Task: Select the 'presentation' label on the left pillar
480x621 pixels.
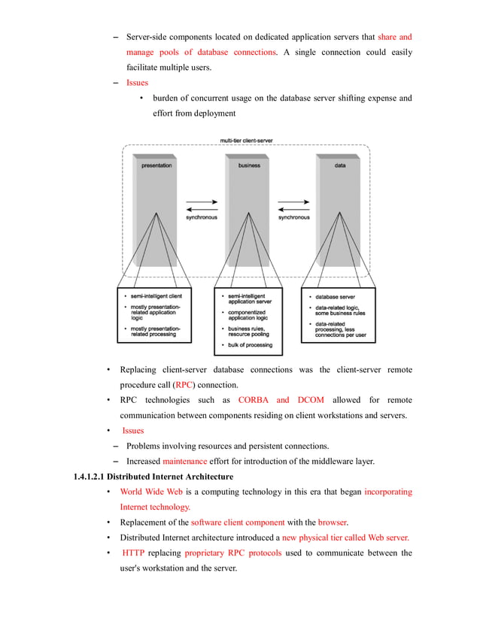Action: coord(156,165)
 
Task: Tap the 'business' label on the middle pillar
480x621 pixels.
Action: coord(249,165)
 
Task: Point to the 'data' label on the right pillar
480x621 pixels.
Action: coord(340,165)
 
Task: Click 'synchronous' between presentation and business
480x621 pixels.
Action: coord(201,217)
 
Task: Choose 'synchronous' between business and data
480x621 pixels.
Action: coord(293,217)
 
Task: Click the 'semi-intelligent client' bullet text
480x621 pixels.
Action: coord(161,295)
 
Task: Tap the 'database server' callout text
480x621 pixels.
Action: coord(336,295)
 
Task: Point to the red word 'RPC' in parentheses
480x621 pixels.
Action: coord(183,385)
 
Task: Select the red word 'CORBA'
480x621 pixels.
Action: coord(254,400)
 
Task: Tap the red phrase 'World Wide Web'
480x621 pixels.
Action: coord(151,492)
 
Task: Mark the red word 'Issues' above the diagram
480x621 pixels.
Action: coord(137,83)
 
